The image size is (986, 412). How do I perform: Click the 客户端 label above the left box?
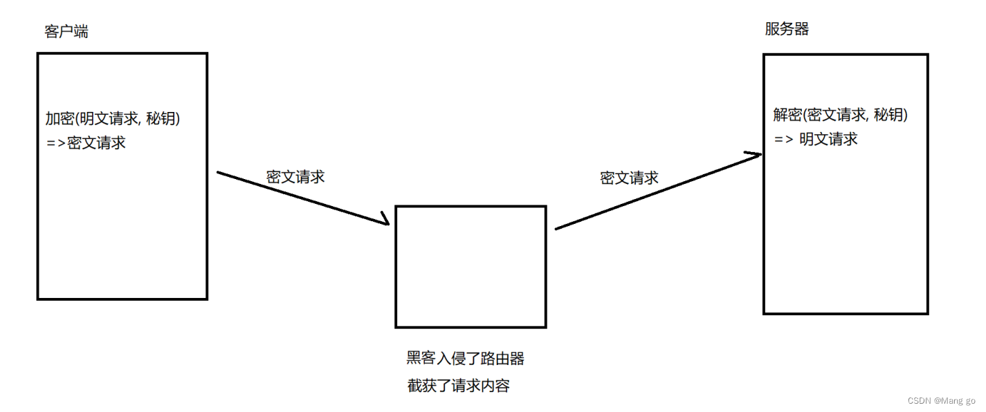point(66,32)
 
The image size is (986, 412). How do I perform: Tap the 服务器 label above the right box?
point(787,29)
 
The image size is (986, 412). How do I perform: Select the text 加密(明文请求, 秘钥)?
point(113,119)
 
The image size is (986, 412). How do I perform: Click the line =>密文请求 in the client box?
point(86,143)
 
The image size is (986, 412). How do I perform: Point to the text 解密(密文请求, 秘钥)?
point(840,115)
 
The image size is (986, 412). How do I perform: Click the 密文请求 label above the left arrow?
point(295,177)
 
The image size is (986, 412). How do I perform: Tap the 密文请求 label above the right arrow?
point(629,178)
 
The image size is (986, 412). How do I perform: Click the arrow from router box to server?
point(657,191)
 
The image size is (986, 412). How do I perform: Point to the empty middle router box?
point(471,266)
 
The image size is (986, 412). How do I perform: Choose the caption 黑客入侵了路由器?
point(465,358)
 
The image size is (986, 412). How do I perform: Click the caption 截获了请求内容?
point(458,386)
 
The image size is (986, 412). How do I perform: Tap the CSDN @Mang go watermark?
point(942,400)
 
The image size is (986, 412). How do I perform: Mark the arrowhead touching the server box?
point(754,156)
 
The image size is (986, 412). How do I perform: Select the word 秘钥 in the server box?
point(888,115)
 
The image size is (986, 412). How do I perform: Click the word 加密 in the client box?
point(59,119)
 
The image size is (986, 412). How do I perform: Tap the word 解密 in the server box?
point(787,115)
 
